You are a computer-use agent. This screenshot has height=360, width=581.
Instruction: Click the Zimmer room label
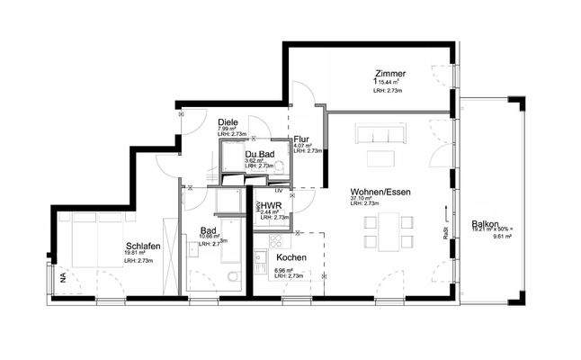point(391,74)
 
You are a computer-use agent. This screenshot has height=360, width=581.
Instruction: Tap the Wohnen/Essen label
point(376,192)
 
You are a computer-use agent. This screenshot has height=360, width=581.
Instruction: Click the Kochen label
point(292,258)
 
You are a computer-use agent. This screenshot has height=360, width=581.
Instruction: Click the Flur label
point(301,139)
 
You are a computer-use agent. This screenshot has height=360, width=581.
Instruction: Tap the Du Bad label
point(260,154)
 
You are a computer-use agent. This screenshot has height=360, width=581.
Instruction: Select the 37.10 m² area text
point(362,199)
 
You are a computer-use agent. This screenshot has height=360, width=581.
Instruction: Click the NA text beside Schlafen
point(64,278)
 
